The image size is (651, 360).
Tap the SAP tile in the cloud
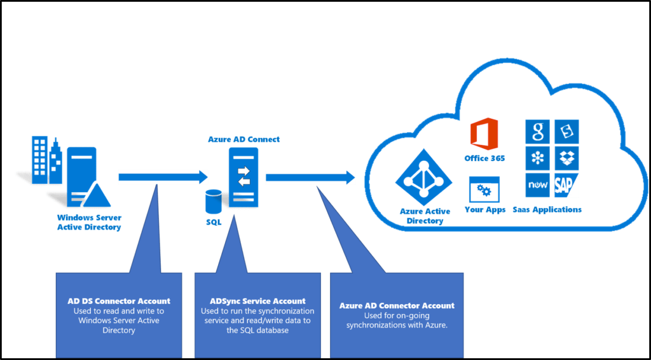point(566,184)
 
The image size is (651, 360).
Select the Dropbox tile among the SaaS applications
point(566,158)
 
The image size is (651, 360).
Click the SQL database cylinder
point(213,202)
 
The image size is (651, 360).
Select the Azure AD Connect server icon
point(244,176)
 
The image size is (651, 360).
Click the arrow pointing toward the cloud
point(310,177)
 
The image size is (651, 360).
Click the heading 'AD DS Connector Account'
point(119,301)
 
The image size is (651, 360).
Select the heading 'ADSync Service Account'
point(257,301)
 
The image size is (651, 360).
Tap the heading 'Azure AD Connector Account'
point(397,306)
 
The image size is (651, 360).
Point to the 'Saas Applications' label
point(547,209)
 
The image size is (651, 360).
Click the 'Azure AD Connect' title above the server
point(244,139)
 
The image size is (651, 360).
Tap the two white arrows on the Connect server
point(244,176)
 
